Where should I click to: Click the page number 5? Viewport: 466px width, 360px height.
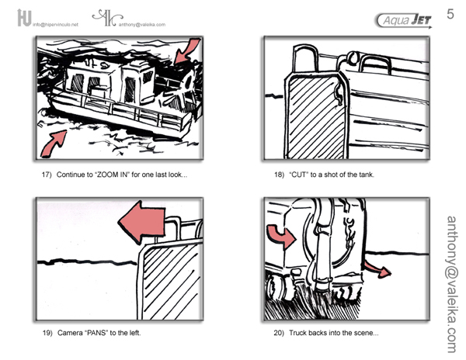coord(450,14)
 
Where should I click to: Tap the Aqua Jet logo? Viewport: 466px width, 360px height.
coord(404,20)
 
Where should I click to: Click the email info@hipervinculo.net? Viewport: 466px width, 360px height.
coord(55,25)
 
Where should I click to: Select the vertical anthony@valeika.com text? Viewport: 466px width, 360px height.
coord(452,284)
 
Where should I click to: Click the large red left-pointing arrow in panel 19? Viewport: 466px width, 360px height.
coord(142,222)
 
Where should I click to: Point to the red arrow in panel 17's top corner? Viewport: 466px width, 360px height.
coord(186,50)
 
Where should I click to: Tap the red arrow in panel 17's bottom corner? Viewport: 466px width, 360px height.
coord(54,144)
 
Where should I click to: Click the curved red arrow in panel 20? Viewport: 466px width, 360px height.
coord(281,235)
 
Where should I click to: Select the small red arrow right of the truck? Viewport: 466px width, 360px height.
coord(377,269)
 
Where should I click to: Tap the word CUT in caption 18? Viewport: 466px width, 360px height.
coord(298,175)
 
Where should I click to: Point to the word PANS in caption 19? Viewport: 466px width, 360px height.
coord(96,333)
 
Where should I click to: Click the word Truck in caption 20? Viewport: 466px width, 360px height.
coord(297,333)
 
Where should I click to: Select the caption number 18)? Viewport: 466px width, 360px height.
coord(279,175)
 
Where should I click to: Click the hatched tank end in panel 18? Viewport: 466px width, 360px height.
coord(316,116)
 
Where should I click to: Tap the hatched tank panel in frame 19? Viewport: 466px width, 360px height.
coord(170,280)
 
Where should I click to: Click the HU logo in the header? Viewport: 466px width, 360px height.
coord(24,18)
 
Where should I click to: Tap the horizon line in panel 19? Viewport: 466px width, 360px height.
coord(87,261)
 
